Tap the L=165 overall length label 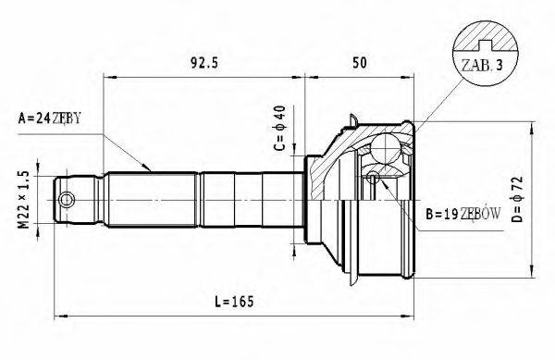click(231, 302)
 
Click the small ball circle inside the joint click(372, 178)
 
